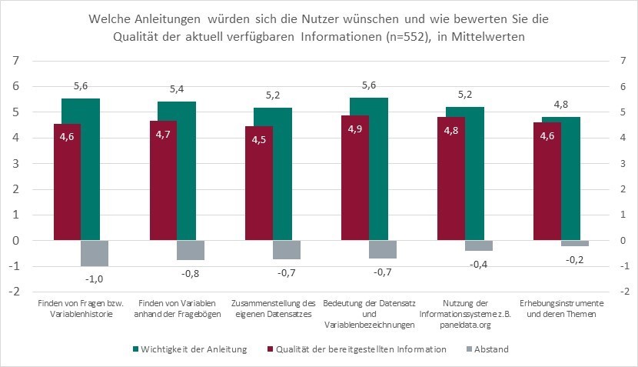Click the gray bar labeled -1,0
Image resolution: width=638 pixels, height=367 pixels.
[x=95, y=253]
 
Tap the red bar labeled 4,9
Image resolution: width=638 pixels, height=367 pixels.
[x=355, y=178]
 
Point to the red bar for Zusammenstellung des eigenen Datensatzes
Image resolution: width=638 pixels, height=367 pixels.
[x=259, y=183]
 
